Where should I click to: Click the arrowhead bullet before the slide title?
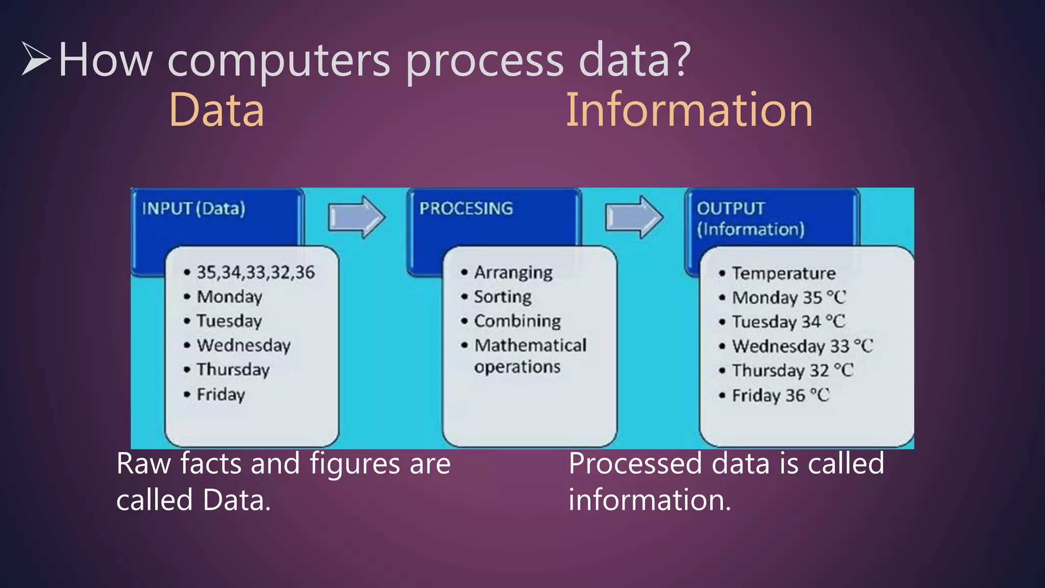pos(36,59)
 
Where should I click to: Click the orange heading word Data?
pos(216,110)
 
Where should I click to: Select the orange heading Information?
pos(689,110)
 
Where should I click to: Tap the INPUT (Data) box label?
pos(193,208)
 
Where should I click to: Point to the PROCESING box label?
pos(466,208)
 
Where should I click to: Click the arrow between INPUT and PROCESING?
pos(356,217)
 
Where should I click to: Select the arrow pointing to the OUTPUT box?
pos(634,217)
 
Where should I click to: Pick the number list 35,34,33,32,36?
pos(255,272)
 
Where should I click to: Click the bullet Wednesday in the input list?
pos(243,346)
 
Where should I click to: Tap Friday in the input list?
pos(220,395)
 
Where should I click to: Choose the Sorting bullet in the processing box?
pos(502,297)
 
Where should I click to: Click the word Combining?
pos(517,321)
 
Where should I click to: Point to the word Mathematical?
pos(530,346)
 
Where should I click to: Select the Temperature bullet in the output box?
pos(783,273)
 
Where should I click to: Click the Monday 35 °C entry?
pos(788,298)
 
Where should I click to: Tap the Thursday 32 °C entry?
pos(792,371)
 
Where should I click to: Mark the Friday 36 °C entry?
pos(780,396)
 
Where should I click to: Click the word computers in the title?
pos(279,60)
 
